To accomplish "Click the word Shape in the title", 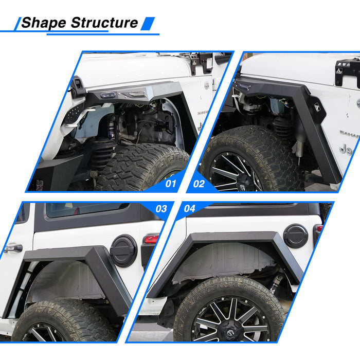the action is click(x=44, y=23).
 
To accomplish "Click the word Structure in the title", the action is click(x=104, y=23).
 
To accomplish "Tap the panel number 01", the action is click(x=171, y=184).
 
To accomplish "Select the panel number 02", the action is click(x=199, y=184).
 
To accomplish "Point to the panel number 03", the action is click(x=161, y=209).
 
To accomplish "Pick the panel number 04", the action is click(x=189, y=208).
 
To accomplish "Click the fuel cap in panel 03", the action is click(x=123, y=251).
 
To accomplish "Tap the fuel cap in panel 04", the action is click(x=296, y=236).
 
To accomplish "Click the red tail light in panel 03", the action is click(x=151, y=239).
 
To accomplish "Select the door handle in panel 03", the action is click(x=13, y=248).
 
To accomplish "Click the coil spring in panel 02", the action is click(x=283, y=128).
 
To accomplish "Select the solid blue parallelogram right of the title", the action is click(x=148, y=24).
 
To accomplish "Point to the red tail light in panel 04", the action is click(x=319, y=228).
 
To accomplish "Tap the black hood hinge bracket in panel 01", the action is click(x=202, y=62).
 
